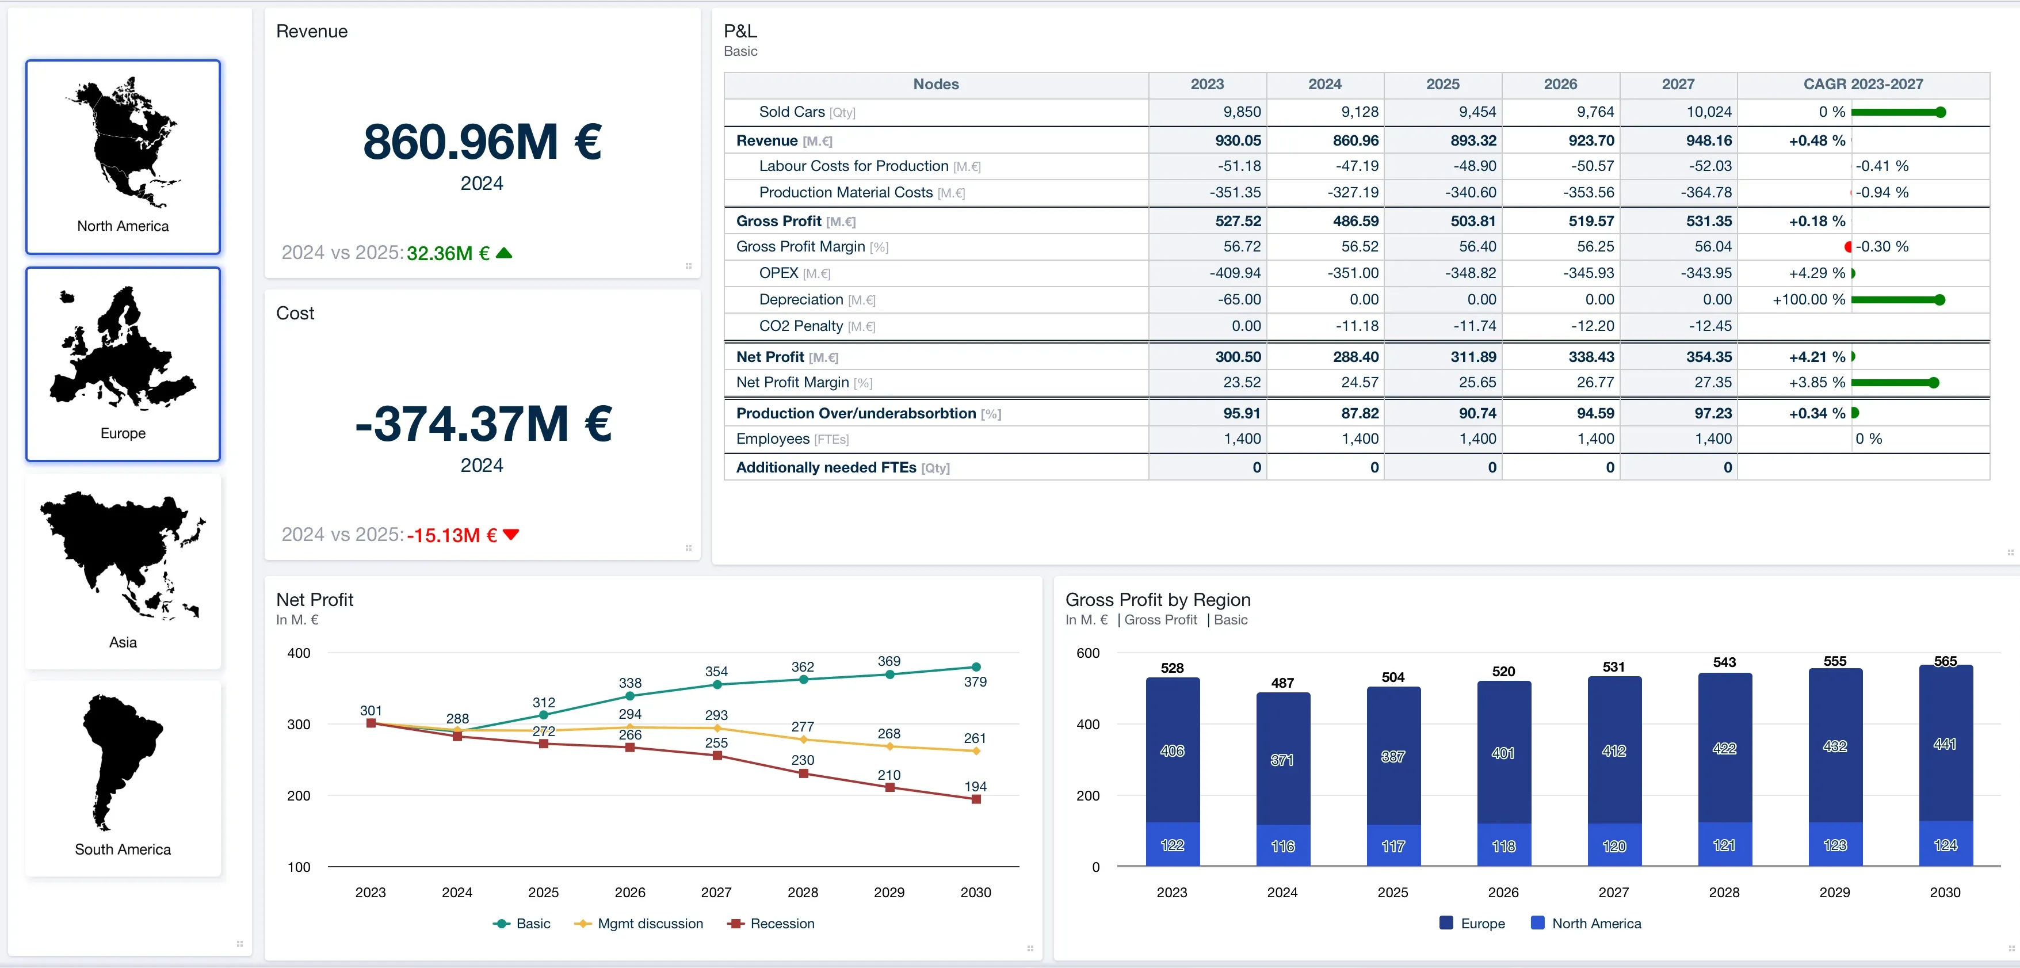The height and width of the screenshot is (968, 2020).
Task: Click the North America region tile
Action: (123, 157)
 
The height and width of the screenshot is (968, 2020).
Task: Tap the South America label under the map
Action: (123, 849)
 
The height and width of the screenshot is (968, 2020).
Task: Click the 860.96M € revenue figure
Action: (482, 142)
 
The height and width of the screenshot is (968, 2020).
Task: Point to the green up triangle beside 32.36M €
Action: (504, 253)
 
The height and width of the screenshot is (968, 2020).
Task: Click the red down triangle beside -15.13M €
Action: (511, 534)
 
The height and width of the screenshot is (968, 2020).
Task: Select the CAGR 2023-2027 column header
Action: (1863, 84)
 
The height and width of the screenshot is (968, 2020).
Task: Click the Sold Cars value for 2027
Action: (1709, 112)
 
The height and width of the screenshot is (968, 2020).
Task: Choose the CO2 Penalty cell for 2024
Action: (1357, 326)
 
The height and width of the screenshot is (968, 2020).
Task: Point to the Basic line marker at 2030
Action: (976, 667)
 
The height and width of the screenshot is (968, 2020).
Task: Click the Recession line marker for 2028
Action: (803, 773)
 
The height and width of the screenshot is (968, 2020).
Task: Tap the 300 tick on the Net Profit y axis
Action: (299, 724)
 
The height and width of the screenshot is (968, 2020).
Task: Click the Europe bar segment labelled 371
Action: (1283, 759)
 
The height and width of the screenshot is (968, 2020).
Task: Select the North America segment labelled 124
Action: (1946, 844)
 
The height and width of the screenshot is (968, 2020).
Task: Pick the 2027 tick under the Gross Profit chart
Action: (1614, 892)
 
